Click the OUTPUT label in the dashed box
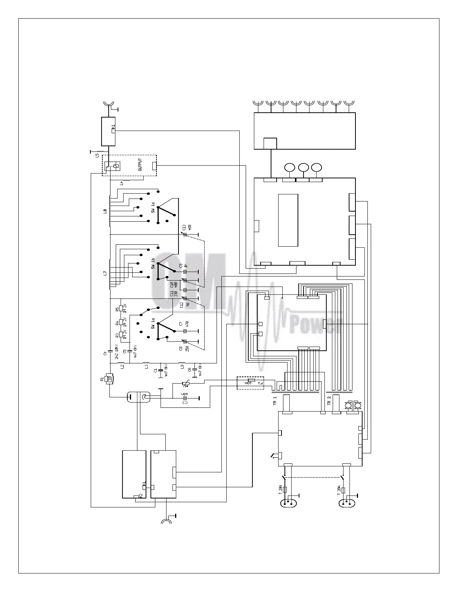click(140, 165)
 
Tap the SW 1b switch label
click(153, 264)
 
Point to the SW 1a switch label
click(153, 323)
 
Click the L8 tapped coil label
click(105, 211)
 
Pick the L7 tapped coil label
click(105, 273)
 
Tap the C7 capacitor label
click(181, 323)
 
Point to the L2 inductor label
click(122, 367)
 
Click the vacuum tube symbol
click(138, 397)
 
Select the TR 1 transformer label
click(275, 401)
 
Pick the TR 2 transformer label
click(329, 401)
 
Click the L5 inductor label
click(97, 155)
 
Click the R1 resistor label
click(102, 379)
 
